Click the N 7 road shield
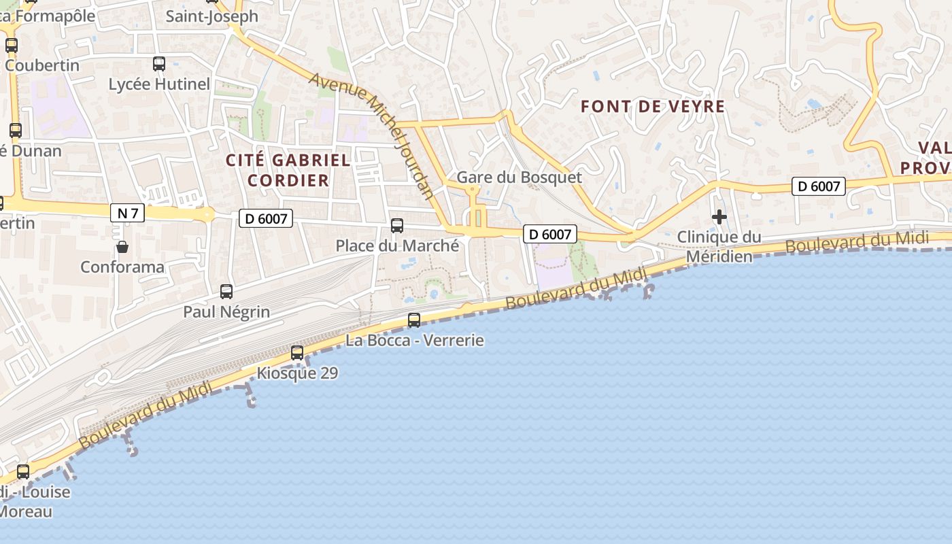point(128,214)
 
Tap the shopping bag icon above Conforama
point(122,247)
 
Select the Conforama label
point(122,267)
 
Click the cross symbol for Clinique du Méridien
point(719,217)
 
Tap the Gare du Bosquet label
point(519,177)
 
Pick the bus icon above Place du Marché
point(397,226)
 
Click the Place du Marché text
point(397,245)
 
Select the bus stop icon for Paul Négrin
point(226,292)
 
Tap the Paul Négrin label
point(226,312)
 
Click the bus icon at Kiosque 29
point(297,353)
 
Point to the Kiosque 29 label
point(297,373)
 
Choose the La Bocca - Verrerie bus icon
point(414,320)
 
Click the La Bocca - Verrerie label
point(415,340)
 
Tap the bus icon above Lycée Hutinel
point(159,64)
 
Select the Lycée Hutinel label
point(159,84)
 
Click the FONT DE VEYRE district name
point(653,107)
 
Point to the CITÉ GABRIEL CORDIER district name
point(288,170)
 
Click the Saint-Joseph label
point(212,16)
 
